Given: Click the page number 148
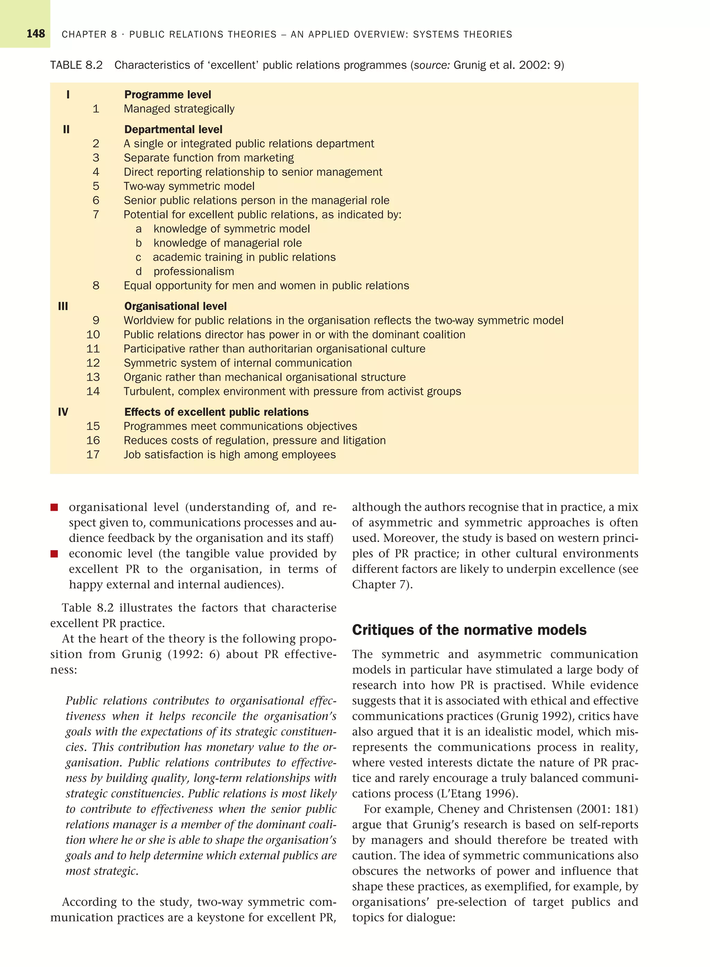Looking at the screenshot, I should click(x=36, y=34).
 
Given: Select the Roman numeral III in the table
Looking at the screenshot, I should click(x=63, y=306).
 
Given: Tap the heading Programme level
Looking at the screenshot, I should click(x=167, y=95).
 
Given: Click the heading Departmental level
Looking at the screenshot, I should click(x=173, y=129).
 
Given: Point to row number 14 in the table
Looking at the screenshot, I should click(x=93, y=391).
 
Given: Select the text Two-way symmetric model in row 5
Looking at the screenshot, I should click(x=189, y=186).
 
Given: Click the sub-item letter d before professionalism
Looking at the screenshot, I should click(x=138, y=271).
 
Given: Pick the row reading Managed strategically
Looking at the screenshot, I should click(x=179, y=109).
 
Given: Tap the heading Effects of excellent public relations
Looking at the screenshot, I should click(x=216, y=412).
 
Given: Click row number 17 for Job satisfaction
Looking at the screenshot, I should click(x=93, y=454).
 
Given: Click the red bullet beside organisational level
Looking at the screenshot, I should click(x=54, y=508).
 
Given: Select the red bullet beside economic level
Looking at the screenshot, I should click(x=54, y=554).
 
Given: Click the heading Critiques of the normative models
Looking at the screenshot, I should click(x=469, y=630).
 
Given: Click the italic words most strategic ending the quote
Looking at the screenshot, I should click(x=102, y=871).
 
